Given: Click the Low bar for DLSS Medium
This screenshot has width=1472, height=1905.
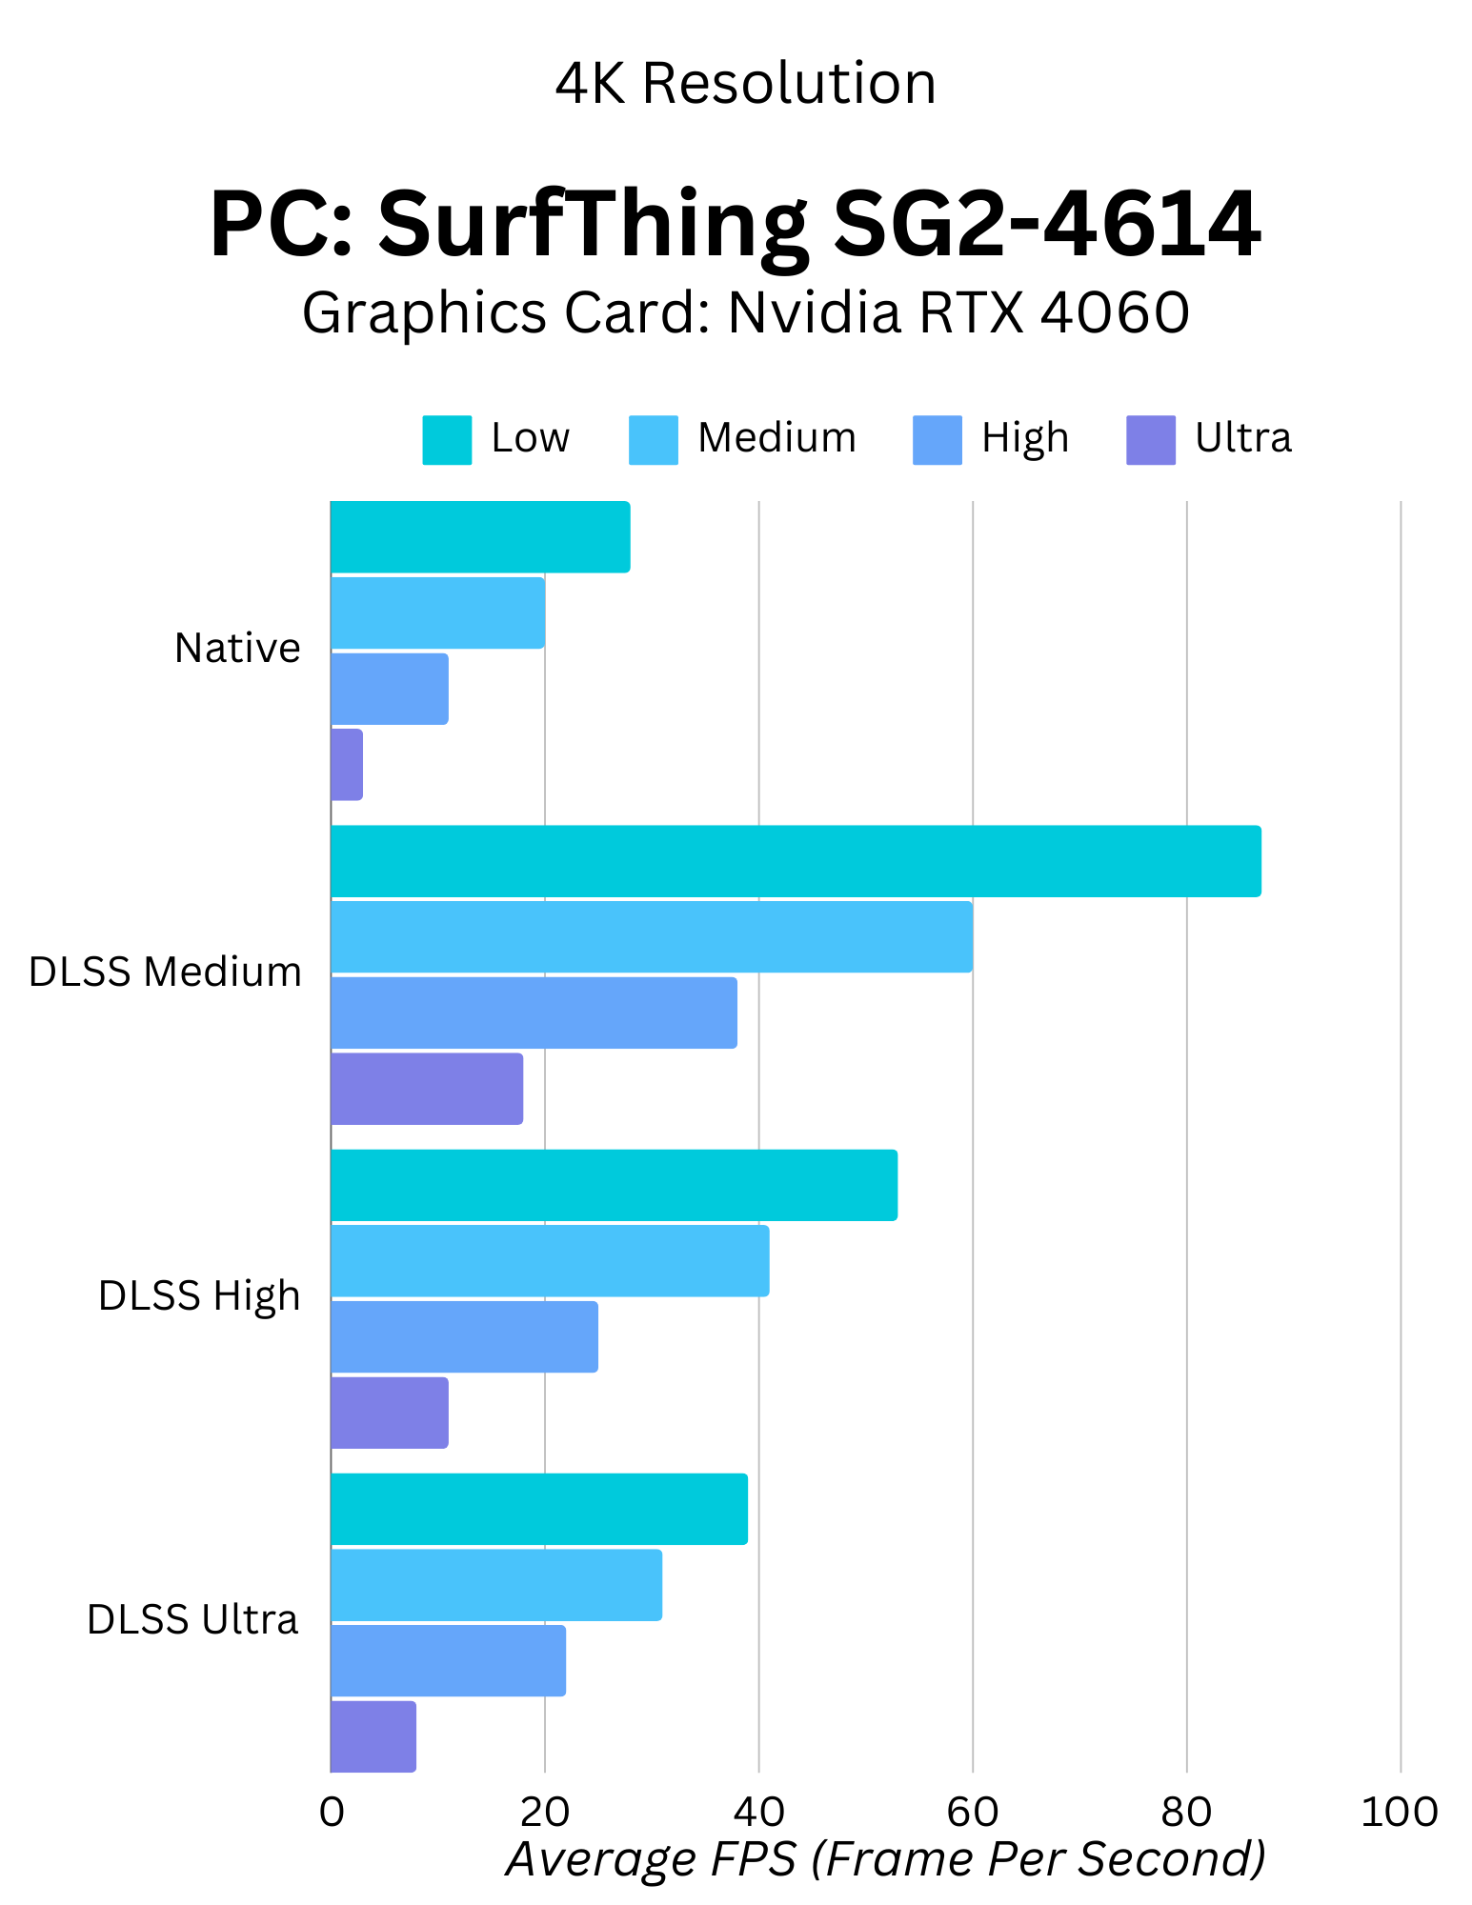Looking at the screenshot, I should [796, 861].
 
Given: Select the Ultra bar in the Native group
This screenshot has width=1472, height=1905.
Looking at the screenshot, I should [347, 765].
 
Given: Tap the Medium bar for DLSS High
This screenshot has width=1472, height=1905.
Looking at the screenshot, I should [550, 1261].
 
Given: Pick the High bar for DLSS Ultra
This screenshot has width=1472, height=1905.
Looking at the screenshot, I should [448, 1660].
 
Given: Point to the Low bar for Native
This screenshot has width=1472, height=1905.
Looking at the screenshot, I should [480, 537].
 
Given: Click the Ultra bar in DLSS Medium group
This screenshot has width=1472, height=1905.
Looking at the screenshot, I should [427, 1089].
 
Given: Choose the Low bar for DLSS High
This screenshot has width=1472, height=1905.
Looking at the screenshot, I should [614, 1185].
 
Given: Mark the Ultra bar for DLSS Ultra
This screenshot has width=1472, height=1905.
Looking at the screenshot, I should [373, 1736].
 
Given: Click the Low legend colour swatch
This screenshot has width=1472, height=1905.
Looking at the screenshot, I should [447, 440].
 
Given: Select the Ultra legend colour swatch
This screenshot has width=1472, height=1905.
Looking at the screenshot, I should [1150, 440].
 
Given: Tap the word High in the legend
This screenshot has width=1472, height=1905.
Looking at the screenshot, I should [1025, 438].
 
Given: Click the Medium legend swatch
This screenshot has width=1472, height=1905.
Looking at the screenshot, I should [653, 440].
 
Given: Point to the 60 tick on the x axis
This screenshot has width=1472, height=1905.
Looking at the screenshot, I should [972, 1812].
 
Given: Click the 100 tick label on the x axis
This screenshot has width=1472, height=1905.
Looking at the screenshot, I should [1399, 1812].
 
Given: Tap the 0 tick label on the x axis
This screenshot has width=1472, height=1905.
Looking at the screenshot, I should [332, 1812].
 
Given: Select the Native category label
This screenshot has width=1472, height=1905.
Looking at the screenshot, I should [237, 649].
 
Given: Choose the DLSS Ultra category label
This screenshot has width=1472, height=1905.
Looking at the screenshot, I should [192, 1620].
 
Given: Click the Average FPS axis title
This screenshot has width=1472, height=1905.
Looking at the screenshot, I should [885, 1858].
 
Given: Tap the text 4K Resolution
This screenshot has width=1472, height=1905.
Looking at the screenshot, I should [745, 84].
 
